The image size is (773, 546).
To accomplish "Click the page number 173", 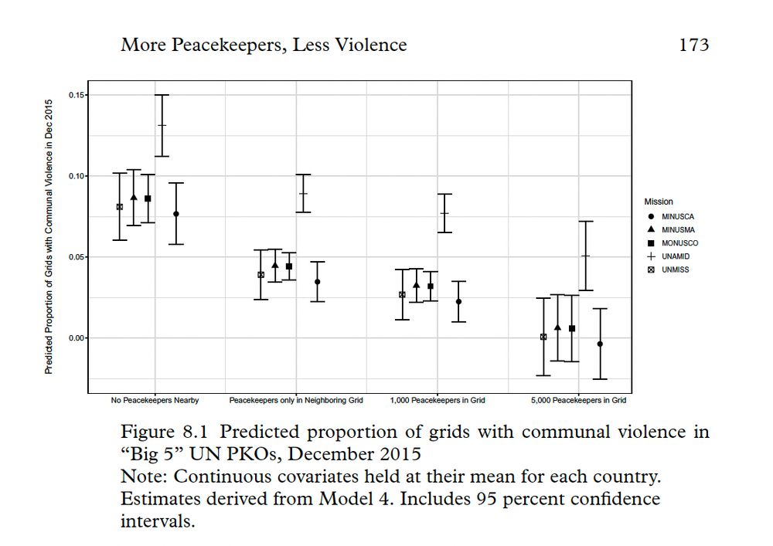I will [x=693, y=45].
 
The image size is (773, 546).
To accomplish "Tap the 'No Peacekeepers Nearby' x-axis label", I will [x=155, y=400].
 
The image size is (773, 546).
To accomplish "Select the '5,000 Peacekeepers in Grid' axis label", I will [x=578, y=400].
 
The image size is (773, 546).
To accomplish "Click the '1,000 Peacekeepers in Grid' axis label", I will [x=438, y=400].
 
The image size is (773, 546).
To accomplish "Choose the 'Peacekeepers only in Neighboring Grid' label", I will [x=296, y=400].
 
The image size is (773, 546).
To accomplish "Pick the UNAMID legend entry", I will [x=669, y=256].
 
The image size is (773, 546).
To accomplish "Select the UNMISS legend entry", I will [x=669, y=270].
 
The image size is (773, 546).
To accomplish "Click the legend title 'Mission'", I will [x=659, y=202].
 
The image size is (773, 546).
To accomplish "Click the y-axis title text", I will [x=49, y=236].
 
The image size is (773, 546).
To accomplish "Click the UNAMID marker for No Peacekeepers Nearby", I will [x=162, y=125].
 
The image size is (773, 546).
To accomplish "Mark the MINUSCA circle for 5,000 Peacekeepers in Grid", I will [x=600, y=344].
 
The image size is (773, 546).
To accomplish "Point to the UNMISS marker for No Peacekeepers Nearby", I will [x=120, y=207].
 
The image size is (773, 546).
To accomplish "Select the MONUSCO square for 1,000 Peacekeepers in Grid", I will [x=431, y=287].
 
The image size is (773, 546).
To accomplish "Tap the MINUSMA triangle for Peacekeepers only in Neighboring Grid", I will [x=275, y=265].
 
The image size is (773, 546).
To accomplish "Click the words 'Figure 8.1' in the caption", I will [x=165, y=432].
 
